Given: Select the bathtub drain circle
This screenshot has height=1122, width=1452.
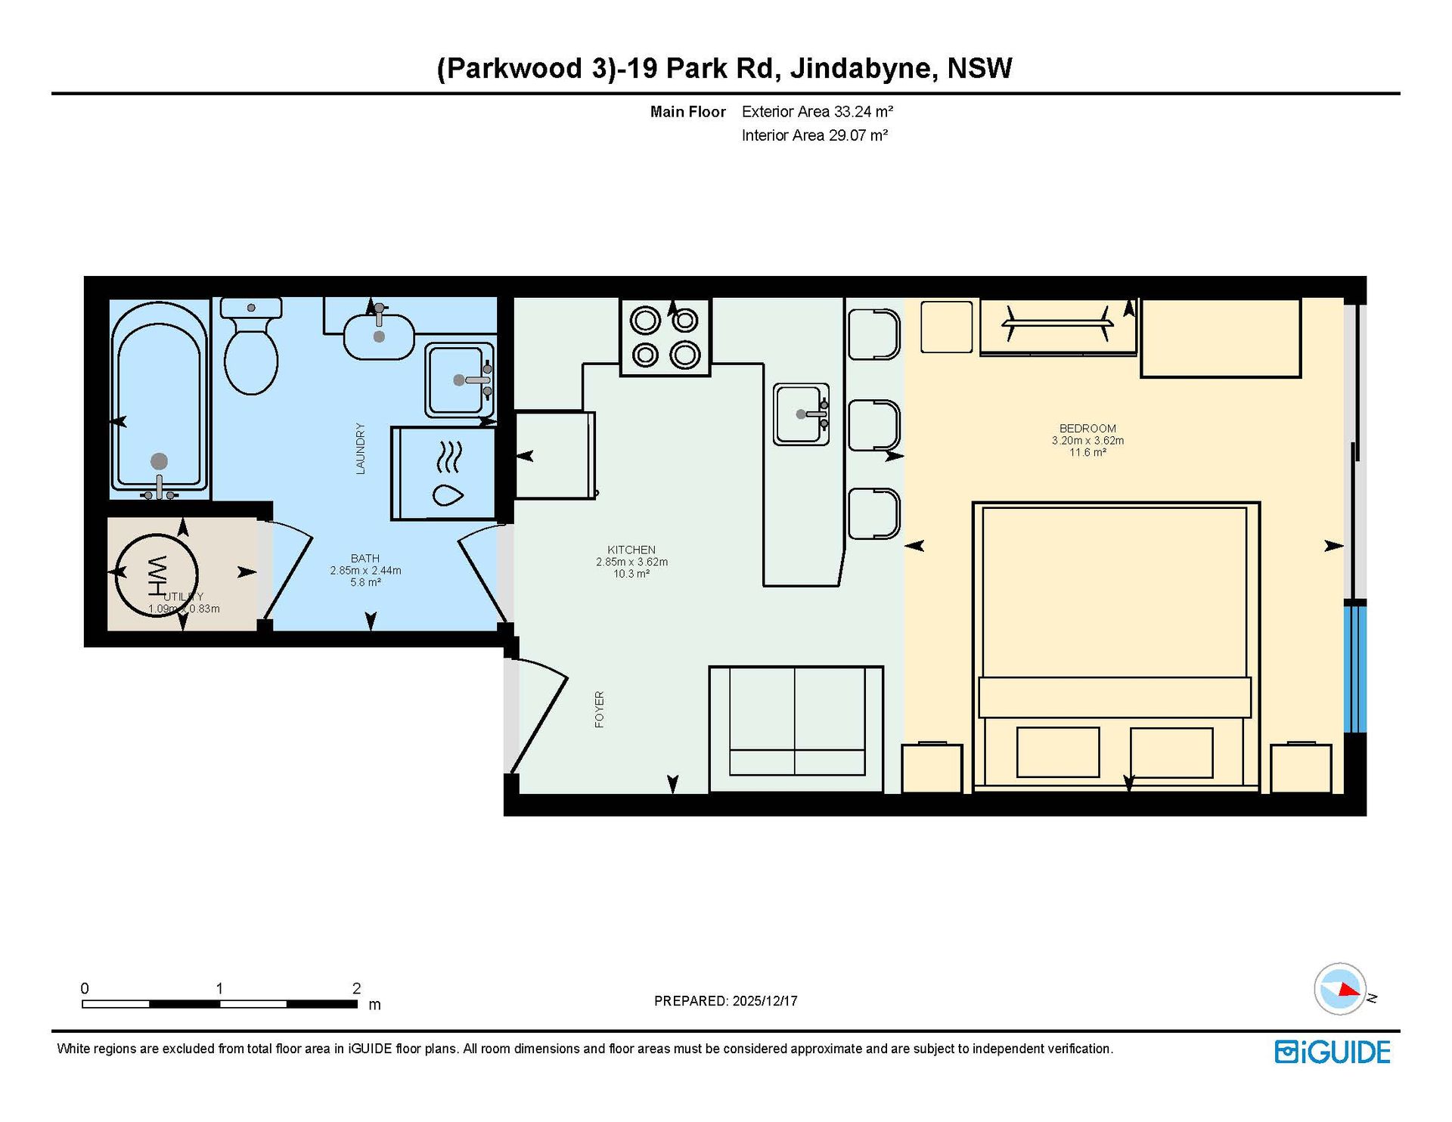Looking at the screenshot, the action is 159,461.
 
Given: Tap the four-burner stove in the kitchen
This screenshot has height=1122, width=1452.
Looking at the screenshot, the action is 665,337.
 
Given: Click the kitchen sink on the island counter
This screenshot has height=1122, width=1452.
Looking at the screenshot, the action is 802,414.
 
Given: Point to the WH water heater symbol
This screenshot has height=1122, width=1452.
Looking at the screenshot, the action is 157,575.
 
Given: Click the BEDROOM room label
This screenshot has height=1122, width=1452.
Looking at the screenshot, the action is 1087,428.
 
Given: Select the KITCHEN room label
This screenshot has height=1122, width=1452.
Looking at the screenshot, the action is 631,550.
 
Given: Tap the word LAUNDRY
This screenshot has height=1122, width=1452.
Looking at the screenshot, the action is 361,448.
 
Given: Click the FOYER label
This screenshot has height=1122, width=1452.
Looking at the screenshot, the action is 600,709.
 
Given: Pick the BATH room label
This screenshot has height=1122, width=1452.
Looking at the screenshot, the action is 365,558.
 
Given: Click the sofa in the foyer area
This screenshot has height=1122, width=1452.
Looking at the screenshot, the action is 796,729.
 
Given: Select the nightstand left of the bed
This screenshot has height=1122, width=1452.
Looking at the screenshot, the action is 932,768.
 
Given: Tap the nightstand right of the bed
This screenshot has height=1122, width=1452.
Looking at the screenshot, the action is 1301,768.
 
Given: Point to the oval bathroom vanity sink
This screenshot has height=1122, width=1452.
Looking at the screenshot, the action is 379,336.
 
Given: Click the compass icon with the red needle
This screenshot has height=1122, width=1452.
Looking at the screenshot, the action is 1341,989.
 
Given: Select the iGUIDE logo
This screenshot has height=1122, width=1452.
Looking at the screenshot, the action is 1333,1052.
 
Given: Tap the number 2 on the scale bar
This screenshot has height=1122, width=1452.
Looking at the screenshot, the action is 356,988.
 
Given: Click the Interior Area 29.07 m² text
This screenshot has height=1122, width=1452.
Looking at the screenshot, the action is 814,135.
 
